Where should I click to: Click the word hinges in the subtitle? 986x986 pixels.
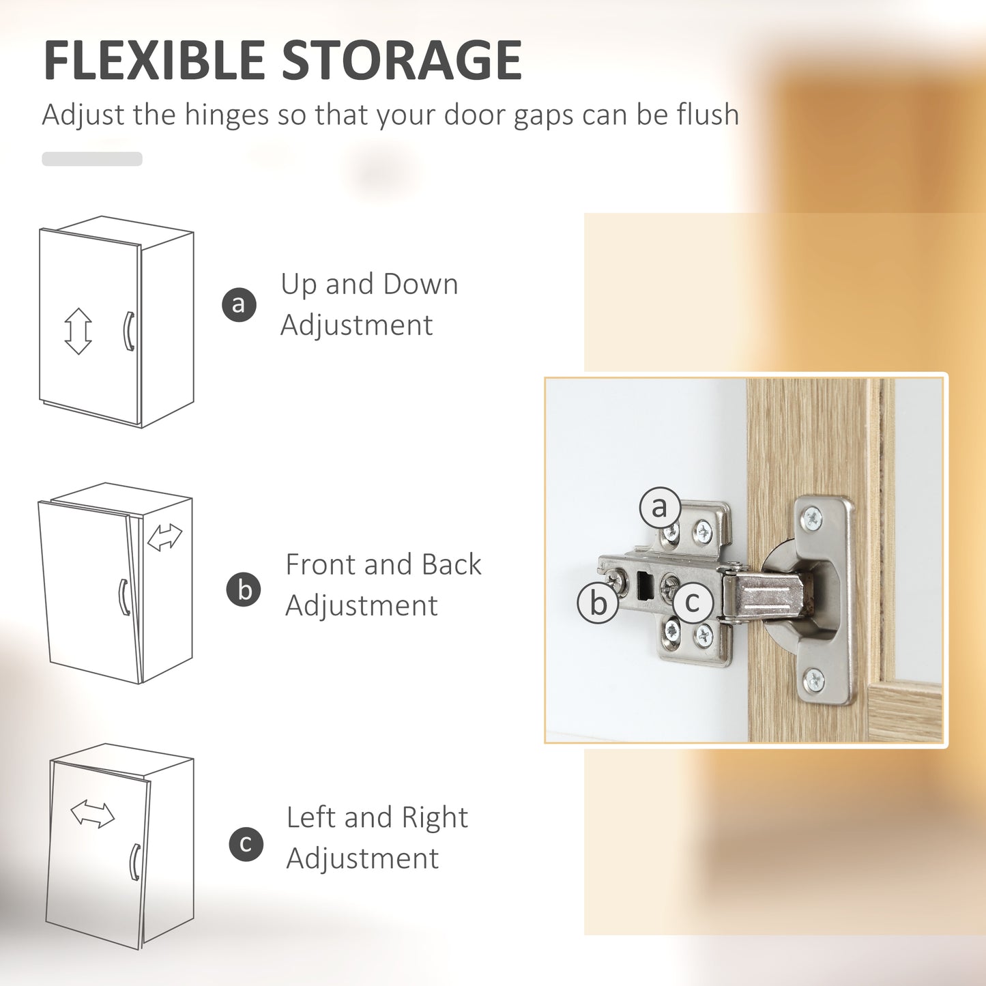(x=227, y=115)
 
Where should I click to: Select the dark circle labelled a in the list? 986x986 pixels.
(x=239, y=304)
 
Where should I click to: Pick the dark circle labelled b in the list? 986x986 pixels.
(x=244, y=590)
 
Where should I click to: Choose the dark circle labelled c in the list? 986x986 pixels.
(x=246, y=844)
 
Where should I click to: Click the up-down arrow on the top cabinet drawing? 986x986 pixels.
(x=78, y=331)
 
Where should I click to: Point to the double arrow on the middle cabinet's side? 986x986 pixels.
(x=164, y=537)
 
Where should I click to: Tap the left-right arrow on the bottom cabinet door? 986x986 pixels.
(x=93, y=814)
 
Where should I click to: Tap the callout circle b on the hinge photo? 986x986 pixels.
(x=598, y=603)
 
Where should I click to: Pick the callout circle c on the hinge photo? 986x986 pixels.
(x=693, y=602)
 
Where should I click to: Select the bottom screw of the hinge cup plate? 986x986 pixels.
(x=813, y=680)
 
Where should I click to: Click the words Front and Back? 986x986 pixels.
(x=383, y=564)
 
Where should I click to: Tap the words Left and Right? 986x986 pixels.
(x=377, y=817)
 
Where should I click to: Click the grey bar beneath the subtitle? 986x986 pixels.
(x=92, y=158)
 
